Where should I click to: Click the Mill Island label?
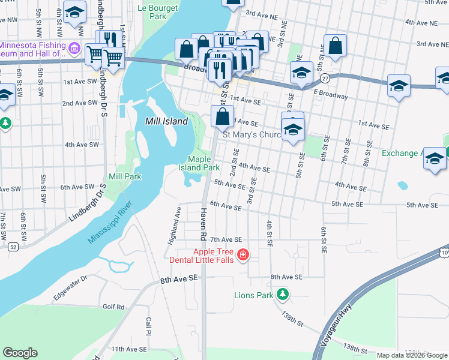click(167, 121)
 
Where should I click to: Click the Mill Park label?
click(125, 177)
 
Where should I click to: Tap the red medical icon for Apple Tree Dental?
click(243, 256)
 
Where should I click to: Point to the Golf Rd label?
click(113, 307)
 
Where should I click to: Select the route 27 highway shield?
click(324, 78)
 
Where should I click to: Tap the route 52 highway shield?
click(13, 246)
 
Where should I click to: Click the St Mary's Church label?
click(252, 134)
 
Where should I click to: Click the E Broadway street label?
click(331, 96)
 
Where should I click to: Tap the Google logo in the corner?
click(20, 353)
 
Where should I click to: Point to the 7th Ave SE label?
click(226, 239)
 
